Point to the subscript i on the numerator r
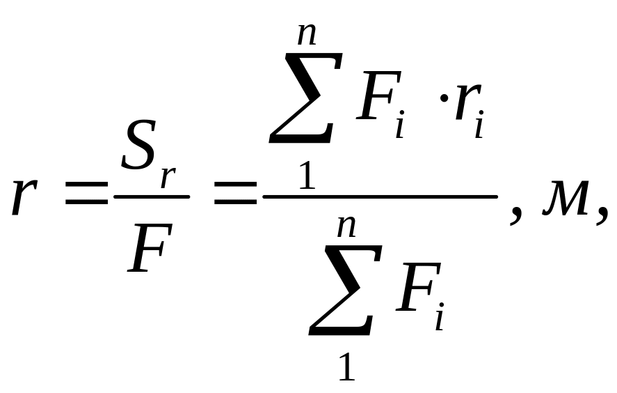[479, 127]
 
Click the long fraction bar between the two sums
[380, 197]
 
